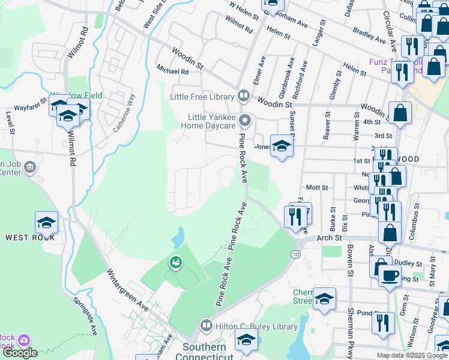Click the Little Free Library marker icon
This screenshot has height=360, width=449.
coord(244,95)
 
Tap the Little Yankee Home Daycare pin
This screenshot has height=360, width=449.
coord(244,121)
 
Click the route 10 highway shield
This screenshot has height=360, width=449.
coord(297,255)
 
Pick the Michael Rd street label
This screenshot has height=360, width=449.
coord(172,71)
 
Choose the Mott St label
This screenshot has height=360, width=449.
coord(316,187)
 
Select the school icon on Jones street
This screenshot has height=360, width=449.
coord(281,146)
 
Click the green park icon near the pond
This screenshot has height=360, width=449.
coord(175,262)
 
